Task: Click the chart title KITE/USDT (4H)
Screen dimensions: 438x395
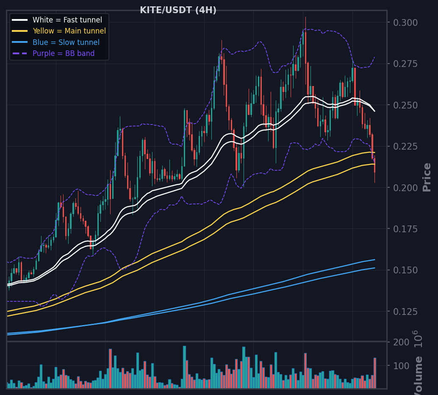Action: point(178,10)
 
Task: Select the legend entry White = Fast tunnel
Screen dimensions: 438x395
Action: point(67,20)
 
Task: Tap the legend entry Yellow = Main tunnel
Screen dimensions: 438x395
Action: point(69,31)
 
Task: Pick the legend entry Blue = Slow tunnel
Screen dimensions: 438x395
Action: point(66,42)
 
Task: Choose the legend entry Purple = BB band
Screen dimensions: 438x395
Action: point(64,53)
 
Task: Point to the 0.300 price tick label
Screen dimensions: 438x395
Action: point(405,22)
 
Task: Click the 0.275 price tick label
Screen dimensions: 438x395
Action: point(405,64)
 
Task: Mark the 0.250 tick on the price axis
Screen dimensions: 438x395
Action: point(405,106)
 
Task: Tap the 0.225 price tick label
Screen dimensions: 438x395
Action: point(405,147)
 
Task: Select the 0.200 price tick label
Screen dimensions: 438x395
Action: point(405,188)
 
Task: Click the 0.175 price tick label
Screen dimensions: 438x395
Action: point(405,229)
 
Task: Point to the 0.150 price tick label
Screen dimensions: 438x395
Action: point(405,270)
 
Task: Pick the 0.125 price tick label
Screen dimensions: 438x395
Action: point(405,312)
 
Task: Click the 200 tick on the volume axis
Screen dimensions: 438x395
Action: point(402,342)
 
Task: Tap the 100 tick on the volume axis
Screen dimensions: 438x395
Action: point(402,366)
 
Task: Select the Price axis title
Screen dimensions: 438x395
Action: point(427,177)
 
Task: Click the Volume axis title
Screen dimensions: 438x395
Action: point(418,376)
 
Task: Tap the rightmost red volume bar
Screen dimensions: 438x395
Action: point(375,373)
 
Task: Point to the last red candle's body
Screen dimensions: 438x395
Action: point(374,165)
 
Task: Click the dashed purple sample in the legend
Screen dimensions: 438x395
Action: point(20,53)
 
